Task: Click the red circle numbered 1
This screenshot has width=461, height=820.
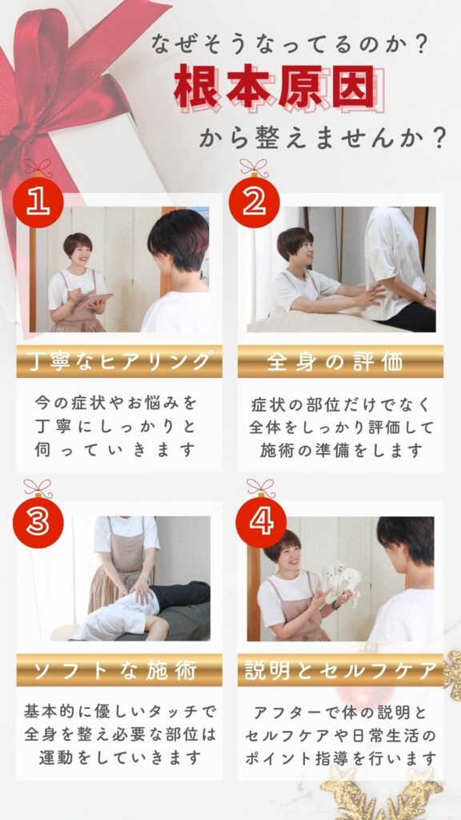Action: tap(38, 203)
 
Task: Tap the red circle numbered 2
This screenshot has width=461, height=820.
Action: tap(254, 203)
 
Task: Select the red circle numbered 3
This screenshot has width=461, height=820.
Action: tap(38, 523)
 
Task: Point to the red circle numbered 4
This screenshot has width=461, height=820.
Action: tap(261, 523)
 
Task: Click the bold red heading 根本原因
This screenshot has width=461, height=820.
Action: tap(275, 87)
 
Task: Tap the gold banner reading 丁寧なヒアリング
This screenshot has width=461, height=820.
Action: tap(119, 361)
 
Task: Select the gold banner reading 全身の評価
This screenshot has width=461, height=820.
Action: tap(340, 361)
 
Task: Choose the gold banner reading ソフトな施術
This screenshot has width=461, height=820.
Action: tap(119, 670)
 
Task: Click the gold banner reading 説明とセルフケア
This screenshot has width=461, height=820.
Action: tap(340, 670)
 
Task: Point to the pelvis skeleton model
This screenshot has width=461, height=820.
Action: tap(341, 584)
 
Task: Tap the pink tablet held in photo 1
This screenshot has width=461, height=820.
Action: tap(96, 301)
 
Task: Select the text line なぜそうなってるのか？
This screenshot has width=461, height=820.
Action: tap(287, 45)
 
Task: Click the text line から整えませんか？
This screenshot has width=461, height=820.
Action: tap(322, 139)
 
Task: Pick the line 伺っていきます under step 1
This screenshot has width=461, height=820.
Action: tap(115, 450)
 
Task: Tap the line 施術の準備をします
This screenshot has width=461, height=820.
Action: tap(341, 450)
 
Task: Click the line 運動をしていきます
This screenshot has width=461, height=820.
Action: tap(120, 757)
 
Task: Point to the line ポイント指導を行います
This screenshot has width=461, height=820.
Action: tap(340, 757)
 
